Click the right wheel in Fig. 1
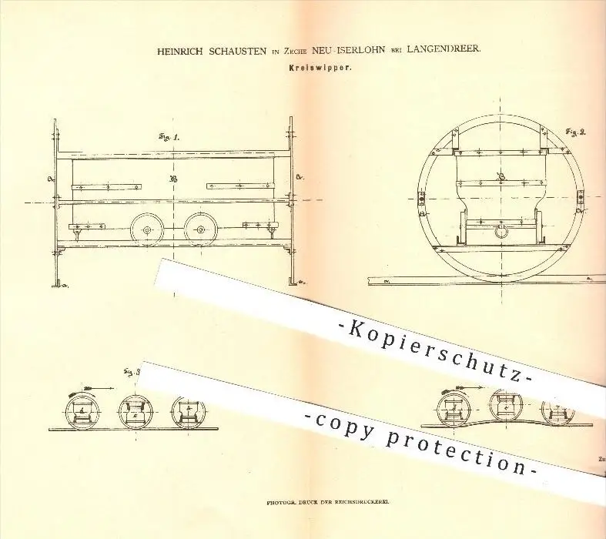coord(199,229)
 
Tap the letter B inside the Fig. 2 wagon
coord(500,178)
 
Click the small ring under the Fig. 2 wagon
coord(501,230)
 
